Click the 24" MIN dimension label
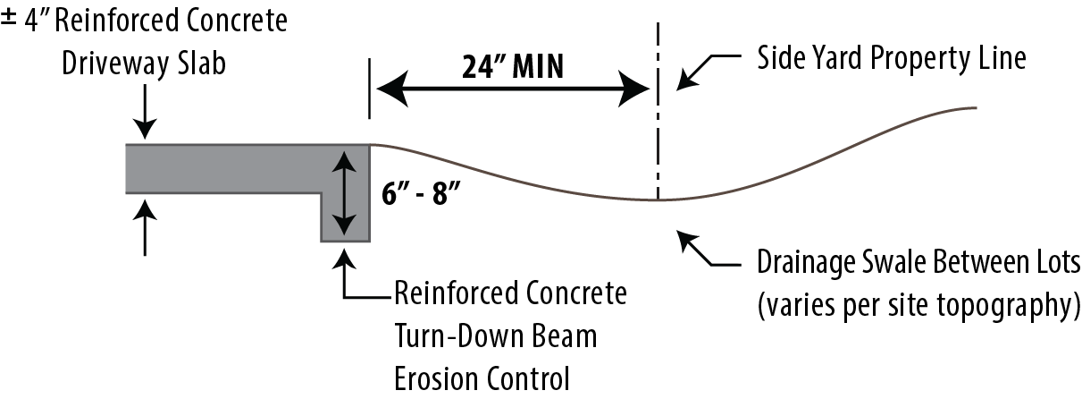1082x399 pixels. coord(513,67)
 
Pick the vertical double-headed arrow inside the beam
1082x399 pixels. coord(345,192)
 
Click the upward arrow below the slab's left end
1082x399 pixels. coord(145,228)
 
